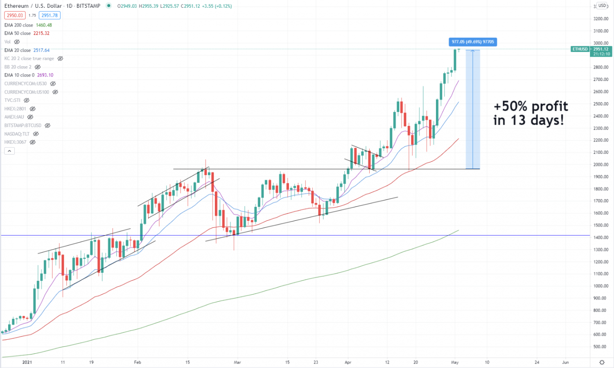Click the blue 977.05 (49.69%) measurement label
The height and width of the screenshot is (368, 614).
point(473,42)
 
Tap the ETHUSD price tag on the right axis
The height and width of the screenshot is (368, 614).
point(580,49)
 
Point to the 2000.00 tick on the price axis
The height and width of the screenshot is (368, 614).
point(600,165)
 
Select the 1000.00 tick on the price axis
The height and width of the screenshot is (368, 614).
point(600,286)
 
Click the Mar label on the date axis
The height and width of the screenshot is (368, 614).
point(237,362)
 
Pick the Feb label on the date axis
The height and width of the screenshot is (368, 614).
point(138,362)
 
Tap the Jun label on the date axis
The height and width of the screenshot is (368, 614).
point(565,362)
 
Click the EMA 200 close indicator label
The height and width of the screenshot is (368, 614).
point(19,25)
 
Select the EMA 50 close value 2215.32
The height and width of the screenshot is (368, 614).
point(41,34)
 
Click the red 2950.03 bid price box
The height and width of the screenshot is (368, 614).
point(15,16)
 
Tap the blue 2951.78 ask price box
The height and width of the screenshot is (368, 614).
point(50,16)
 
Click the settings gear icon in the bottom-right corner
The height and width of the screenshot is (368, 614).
point(602,362)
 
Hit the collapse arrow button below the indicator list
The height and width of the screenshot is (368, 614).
point(9,151)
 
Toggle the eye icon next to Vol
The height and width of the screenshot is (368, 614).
point(17,42)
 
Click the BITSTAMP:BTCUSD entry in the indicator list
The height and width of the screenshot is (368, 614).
point(23,126)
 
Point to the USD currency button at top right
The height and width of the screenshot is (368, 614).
point(602,6)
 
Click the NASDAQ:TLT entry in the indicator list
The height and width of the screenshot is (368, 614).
point(17,134)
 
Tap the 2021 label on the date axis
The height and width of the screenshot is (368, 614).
point(27,362)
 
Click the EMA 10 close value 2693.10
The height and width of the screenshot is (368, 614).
point(45,75)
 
